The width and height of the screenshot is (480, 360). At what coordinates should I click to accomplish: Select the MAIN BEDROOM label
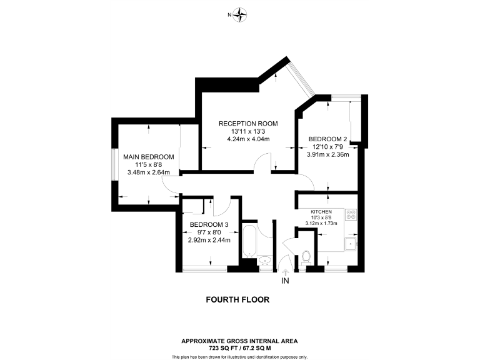click(148, 157)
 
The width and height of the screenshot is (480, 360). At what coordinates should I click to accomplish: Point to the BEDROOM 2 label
click(327, 139)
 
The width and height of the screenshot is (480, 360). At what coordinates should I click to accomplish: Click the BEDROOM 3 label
click(209, 224)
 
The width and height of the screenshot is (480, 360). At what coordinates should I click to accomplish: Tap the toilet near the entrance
click(306, 256)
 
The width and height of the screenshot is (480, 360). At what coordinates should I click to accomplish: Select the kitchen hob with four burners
click(351, 215)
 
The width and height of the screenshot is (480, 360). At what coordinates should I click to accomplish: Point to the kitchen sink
click(351, 242)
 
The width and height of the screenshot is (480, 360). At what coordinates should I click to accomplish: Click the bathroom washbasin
click(265, 260)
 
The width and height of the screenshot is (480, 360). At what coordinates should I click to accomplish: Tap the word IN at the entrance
click(286, 281)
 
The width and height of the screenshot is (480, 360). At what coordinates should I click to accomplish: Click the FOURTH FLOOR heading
click(237, 300)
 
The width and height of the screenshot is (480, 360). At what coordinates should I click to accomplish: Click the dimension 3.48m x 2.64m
click(149, 172)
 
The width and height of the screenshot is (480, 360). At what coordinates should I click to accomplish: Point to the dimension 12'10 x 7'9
click(327, 147)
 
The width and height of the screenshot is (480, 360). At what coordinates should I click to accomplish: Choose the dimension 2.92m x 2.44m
click(209, 240)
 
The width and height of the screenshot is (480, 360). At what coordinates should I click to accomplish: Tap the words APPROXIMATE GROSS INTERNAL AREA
click(239, 341)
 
